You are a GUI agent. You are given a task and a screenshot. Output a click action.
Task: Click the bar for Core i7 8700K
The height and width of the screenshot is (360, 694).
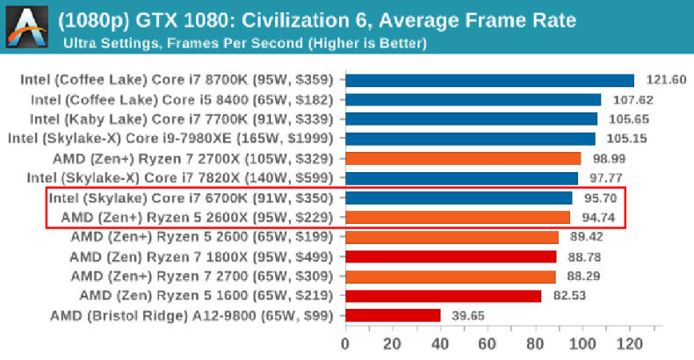pyautogui.click(x=489, y=80)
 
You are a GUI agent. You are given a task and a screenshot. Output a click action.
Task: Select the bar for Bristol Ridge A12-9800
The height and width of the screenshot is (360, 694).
pyautogui.click(x=393, y=315)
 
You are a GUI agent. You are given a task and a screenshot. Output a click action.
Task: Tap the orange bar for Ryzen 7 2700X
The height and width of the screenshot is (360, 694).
pyautogui.click(x=463, y=158)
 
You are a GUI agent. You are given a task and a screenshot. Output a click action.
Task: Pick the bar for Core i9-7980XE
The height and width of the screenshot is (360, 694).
pyautogui.click(x=470, y=139)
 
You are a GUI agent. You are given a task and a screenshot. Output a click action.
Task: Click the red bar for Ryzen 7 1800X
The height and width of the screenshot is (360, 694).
pyautogui.click(x=451, y=256)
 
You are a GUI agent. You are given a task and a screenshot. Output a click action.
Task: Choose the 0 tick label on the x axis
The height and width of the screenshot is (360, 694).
pyautogui.click(x=345, y=342)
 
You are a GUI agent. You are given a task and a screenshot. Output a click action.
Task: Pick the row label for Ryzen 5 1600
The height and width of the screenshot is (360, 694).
pyautogui.click(x=207, y=296)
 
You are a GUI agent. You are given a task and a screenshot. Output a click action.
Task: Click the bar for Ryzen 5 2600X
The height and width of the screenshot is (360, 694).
pyautogui.click(x=458, y=217)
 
